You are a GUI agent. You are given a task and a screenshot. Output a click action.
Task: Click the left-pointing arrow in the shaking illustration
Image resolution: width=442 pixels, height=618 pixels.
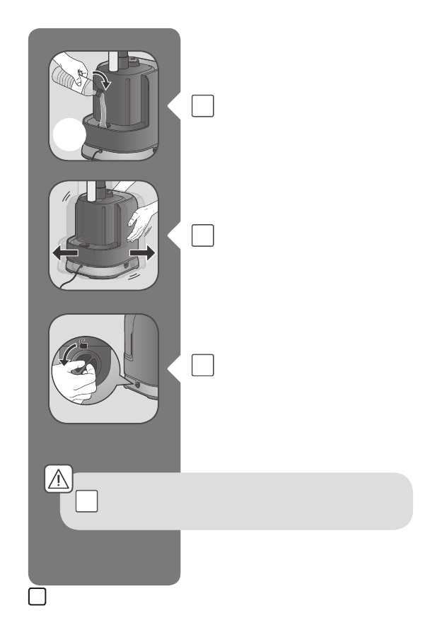64,252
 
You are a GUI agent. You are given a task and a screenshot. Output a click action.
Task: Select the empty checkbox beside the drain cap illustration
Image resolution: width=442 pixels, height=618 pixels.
202,365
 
